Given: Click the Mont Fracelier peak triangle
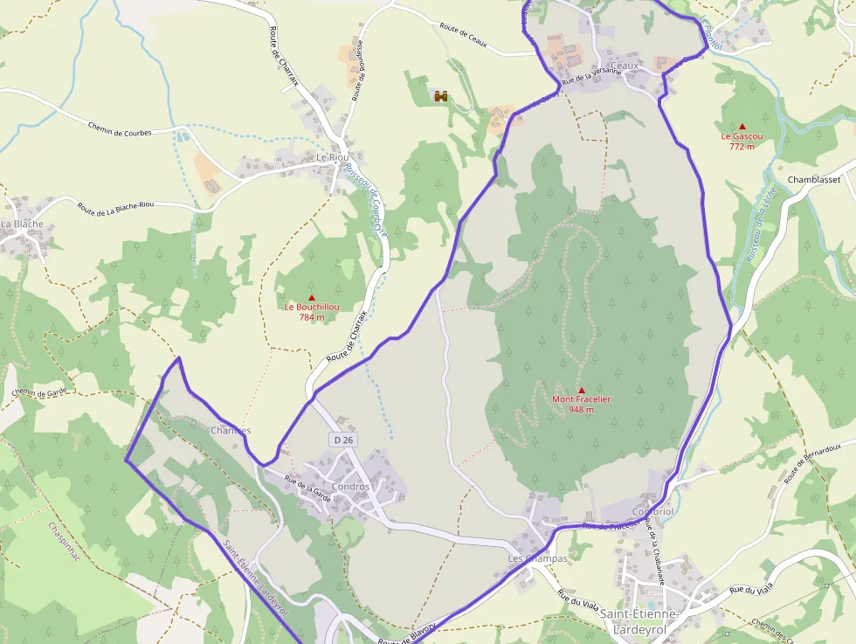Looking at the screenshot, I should (x=582, y=390).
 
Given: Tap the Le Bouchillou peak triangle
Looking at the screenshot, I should (x=311, y=298).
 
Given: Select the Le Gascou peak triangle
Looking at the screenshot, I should (x=742, y=127).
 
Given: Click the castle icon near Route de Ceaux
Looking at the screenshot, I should (x=441, y=95).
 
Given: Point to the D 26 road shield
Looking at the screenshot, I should (x=343, y=440).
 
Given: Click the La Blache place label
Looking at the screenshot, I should (x=22, y=224).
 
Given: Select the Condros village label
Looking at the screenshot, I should (x=350, y=487).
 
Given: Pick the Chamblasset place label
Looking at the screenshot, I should (x=813, y=179).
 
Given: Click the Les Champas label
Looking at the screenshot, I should (x=538, y=558).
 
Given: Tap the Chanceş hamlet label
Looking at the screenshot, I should (x=231, y=431).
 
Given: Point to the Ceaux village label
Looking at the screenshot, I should (x=625, y=66).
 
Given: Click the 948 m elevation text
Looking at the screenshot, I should (x=582, y=409).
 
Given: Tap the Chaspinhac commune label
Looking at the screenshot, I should (x=65, y=542).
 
